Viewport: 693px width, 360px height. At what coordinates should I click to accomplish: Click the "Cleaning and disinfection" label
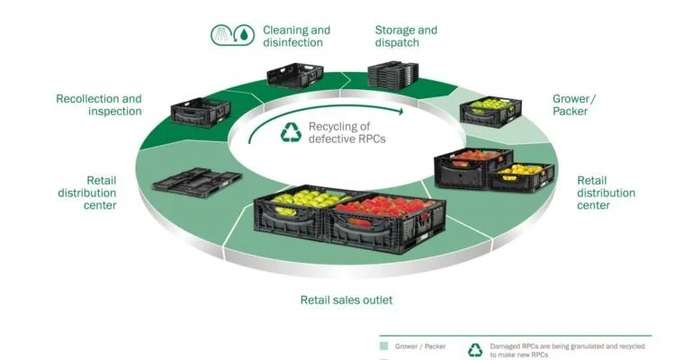[x=297, y=36]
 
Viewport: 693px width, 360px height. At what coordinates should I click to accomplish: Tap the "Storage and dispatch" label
[x=406, y=36]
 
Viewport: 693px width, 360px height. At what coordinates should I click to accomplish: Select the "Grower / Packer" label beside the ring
[x=573, y=104]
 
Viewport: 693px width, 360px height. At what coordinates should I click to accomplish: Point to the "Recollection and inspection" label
[x=99, y=104]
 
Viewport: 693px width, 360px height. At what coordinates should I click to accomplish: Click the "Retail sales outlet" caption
[x=346, y=300]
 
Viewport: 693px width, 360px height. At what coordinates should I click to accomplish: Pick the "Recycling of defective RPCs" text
[x=346, y=132]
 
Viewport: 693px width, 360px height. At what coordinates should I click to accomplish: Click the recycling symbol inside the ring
[x=291, y=132]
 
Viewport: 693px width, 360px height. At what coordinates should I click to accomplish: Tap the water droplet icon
[x=244, y=35]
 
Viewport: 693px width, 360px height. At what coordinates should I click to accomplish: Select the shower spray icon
[x=222, y=35]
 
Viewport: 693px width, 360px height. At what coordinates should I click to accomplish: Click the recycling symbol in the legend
[x=475, y=350]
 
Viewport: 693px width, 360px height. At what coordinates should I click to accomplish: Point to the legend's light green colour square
[x=383, y=346]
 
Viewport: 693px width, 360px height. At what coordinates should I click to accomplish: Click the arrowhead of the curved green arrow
[x=400, y=112]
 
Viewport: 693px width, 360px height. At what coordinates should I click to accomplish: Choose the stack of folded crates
[x=393, y=74]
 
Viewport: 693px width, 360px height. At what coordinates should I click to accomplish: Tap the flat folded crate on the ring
[x=197, y=182]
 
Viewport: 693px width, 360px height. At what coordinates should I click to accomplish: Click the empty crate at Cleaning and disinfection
[x=295, y=76]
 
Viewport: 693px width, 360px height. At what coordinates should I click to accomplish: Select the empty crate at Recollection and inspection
[x=201, y=112]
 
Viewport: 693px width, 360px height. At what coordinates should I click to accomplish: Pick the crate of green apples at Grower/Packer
[x=490, y=112]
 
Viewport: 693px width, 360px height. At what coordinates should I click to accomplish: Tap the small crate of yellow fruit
[x=521, y=176]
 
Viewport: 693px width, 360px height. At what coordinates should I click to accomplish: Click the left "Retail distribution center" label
[x=87, y=193]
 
